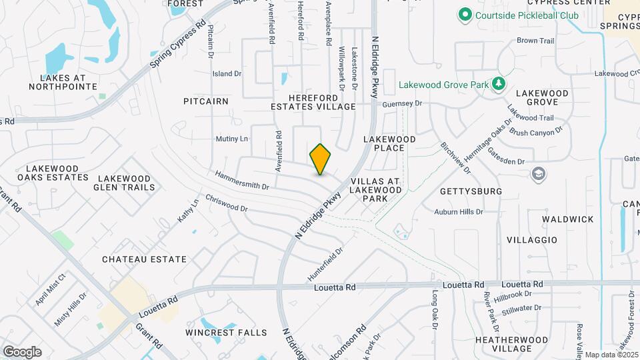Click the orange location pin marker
click(321, 159)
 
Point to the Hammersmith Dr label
click(241, 180)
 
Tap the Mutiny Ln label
click(231, 139)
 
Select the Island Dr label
click(227, 73)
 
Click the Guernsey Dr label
click(403, 104)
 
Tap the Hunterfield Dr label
click(325, 264)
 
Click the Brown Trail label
click(535, 41)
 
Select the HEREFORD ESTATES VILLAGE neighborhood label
click(313, 102)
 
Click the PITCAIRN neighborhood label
click(206, 101)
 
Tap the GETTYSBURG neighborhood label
click(471, 191)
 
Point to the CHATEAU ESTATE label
click(144, 259)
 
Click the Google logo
click(22, 352)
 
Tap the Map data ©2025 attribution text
click(611, 355)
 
